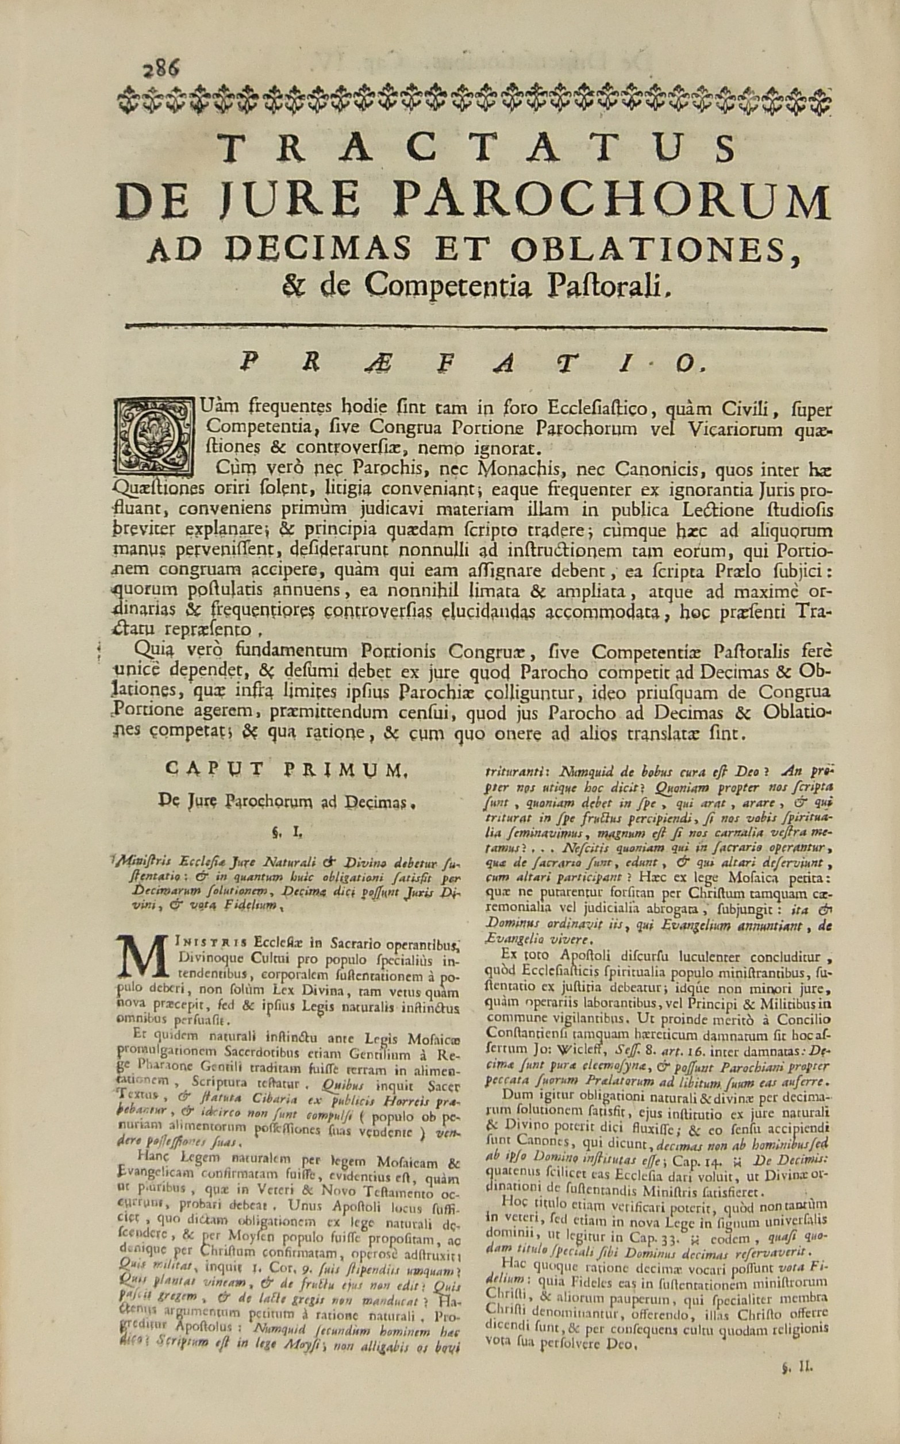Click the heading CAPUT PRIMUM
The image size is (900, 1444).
click(x=282, y=772)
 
